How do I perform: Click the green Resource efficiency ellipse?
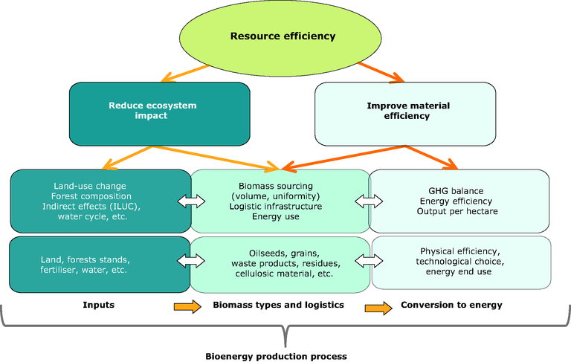(283, 35)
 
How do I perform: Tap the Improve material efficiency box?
(404, 111)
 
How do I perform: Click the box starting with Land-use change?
(100, 201)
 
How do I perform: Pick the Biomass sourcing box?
(280, 201)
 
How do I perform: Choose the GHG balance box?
(459, 201)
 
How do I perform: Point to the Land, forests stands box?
(100, 264)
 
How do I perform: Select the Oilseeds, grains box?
(280, 264)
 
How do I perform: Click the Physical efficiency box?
(461, 262)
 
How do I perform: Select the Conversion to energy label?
(451, 305)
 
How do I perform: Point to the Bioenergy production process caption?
(276, 356)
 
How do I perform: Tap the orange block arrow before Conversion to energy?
(378, 306)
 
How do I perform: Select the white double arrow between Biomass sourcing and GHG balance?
(369, 201)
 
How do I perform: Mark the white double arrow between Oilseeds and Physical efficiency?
(370, 260)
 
